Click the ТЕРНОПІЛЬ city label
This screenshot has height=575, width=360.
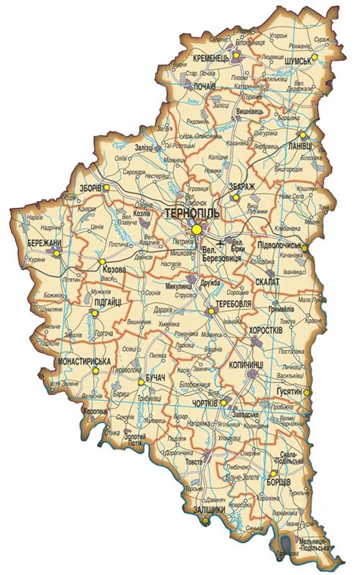click(191, 214)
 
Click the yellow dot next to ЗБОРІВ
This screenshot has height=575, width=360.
click(107, 187)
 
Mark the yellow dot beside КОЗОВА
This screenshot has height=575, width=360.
click(101, 262)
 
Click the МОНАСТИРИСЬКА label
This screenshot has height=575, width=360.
click(85, 362)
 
